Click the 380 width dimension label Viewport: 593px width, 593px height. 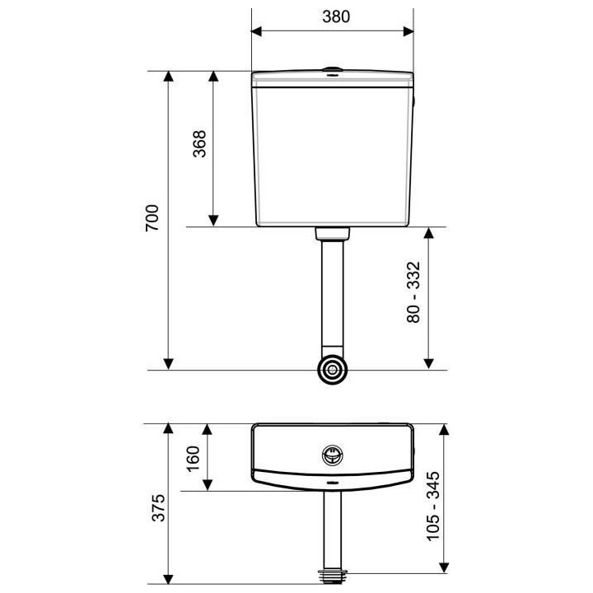tap(336, 16)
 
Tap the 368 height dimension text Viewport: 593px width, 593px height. tap(199, 143)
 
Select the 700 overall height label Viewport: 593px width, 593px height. tap(152, 217)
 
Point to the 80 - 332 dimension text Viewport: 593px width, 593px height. tap(413, 292)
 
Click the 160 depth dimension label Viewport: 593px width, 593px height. tap(194, 459)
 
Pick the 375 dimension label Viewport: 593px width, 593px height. tap(158, 508)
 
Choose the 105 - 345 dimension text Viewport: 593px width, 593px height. tap(433, 507)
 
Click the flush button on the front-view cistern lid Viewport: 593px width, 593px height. tap(333, 69)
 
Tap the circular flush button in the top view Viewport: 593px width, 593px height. tap(333, 455)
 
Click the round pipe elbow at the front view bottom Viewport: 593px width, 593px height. tap(333, 369)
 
